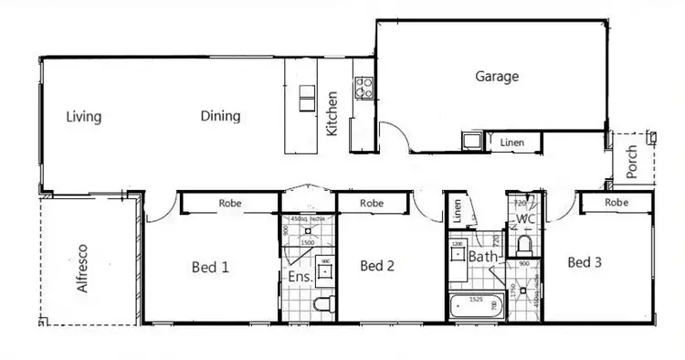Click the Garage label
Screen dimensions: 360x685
point(497,77)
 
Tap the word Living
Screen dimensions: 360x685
point(84,117)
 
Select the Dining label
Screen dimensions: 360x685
point(220,116)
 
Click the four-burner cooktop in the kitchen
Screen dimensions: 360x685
point(363,88)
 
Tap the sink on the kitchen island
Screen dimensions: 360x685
point(307,99)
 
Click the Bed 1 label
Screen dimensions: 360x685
point(209,267)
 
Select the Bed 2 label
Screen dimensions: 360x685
point(377,267)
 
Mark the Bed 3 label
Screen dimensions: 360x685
point(585,263)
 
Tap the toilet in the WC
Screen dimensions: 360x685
point(524,245)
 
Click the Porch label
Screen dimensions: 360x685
point(632,163)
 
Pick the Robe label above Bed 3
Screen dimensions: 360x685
point(616,202)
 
